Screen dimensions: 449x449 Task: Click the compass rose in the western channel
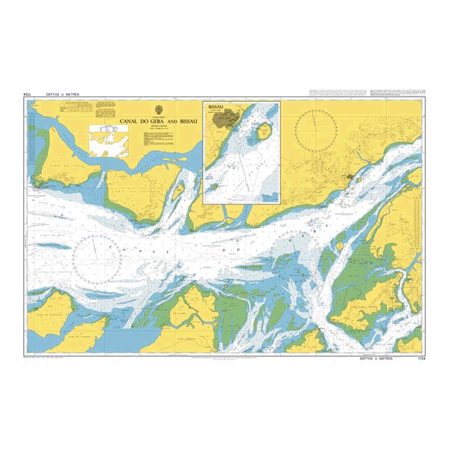(x=97, y=255)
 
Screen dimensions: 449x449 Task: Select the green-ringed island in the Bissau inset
(x=262, y=134)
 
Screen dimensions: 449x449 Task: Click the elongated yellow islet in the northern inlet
(x=177, y=194)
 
